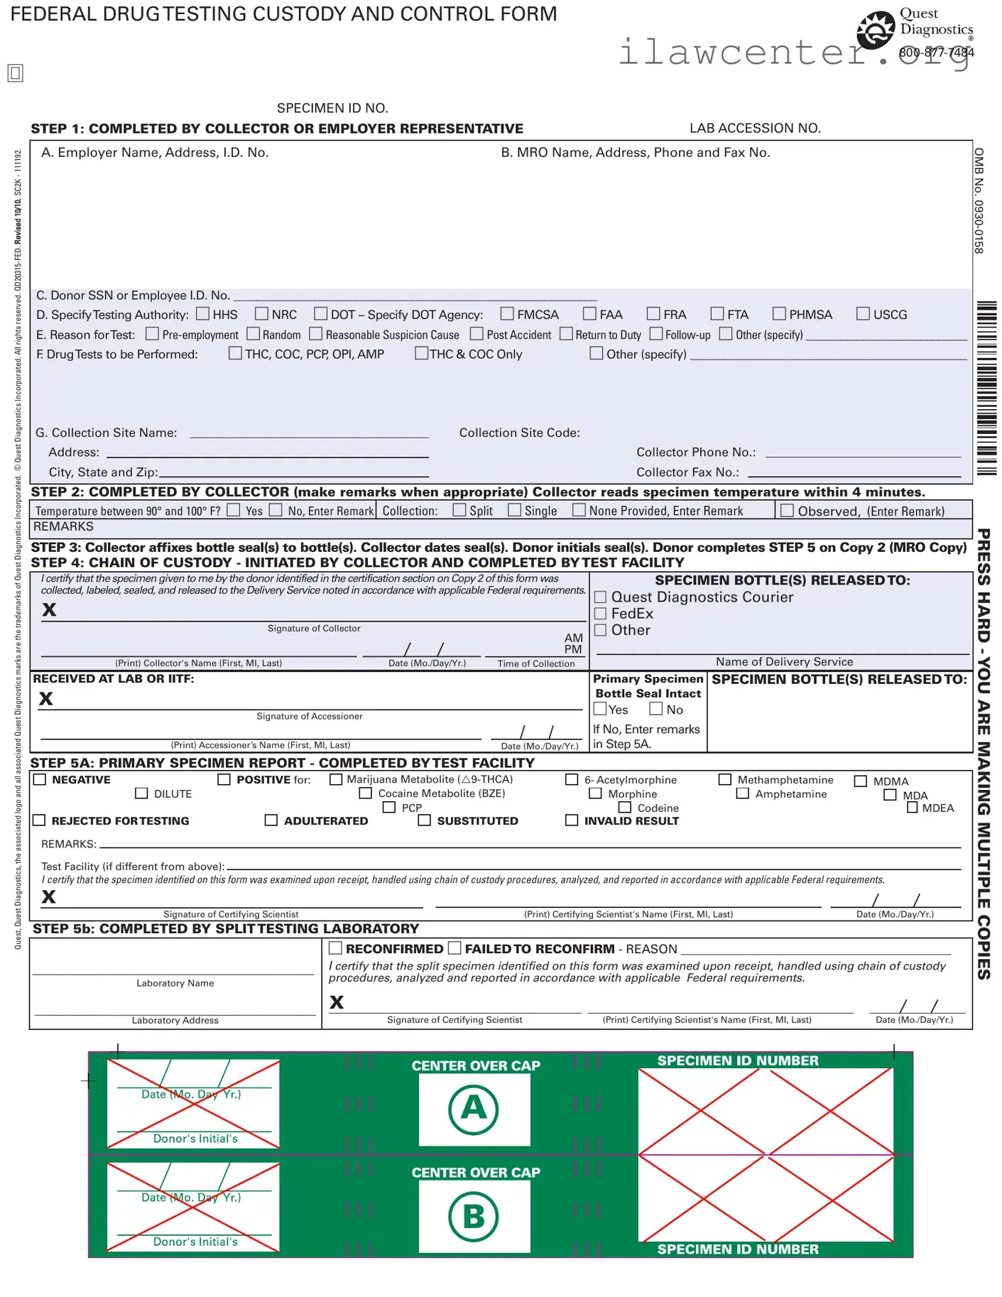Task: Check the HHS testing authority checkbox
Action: click(x=203, y=313)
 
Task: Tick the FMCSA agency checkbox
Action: click(x=507, y=313)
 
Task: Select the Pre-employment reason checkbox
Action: click(x=152, y=333)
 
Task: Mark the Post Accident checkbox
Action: click(x=477, y=333)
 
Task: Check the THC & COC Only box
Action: click(x=422, y=352)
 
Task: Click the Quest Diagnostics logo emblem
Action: click(x=876, y=30)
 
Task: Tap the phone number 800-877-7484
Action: click(x=936, y=53)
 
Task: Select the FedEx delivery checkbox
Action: click(x=600, y=613)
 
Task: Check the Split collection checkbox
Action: click(x=459, y=509)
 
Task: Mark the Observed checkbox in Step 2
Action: click(x=787, y=510)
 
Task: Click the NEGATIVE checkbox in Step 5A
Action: click(x=40, y=779)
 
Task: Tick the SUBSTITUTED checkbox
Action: click(x=425, y=820)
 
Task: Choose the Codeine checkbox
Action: click(x=625, y=807)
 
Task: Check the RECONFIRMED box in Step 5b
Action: click(x=336, y=948)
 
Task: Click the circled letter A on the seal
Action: click(x=474, y=1109)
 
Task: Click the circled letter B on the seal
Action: click(x=474, y=1216)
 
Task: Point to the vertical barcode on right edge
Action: click(x=986, y=388)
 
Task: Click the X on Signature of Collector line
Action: click(x=49, y=609)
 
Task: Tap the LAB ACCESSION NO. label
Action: click(x=755, y=128)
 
